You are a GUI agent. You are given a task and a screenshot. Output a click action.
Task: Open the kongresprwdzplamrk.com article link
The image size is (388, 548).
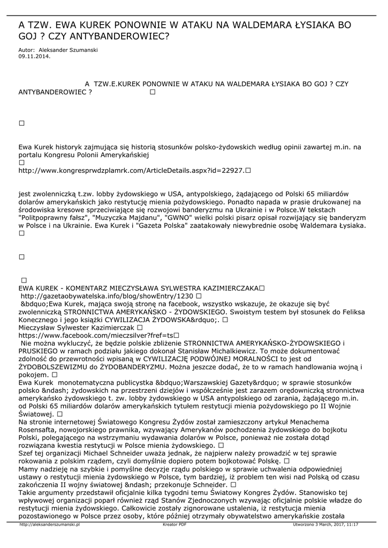tap(131, 171)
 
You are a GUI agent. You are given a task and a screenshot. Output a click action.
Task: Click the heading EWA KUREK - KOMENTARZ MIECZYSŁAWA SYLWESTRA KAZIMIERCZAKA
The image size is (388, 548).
tap(138, 288)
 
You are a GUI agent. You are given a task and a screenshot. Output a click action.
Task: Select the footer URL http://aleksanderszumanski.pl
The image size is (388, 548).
tap(49, 525)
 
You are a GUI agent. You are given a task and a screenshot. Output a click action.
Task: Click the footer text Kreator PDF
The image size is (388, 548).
tap(174, 525)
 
